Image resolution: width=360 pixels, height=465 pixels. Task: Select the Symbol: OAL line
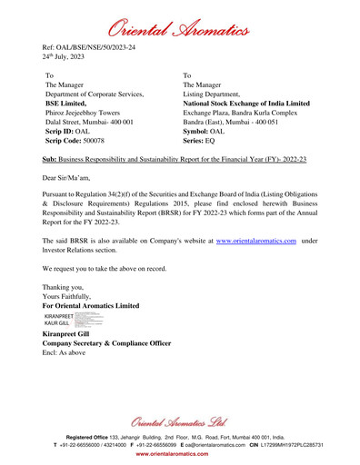[204, 132]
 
